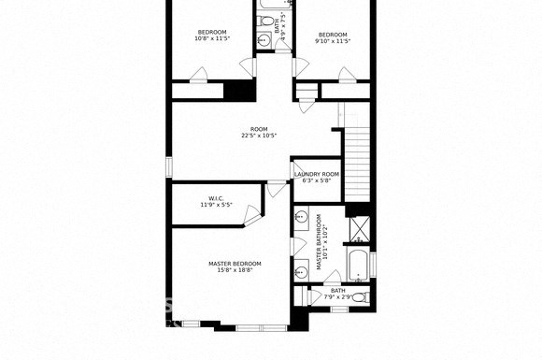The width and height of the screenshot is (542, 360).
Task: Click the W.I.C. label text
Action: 216,197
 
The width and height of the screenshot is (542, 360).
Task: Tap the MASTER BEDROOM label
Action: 235,264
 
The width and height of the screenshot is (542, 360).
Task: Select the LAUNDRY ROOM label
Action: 316,174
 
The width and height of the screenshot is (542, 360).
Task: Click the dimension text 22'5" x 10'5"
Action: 259,137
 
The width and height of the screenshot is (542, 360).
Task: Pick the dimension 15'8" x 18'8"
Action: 235,271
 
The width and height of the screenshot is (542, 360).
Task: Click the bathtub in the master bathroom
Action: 358,264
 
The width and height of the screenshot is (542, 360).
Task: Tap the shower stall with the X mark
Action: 359,226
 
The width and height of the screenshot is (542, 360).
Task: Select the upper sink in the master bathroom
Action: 302,218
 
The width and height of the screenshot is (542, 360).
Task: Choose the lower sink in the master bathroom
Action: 302,272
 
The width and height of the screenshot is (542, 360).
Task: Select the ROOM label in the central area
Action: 259,129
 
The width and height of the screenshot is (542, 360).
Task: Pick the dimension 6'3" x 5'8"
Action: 316,181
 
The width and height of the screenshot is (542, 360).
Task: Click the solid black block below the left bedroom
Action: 240,91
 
